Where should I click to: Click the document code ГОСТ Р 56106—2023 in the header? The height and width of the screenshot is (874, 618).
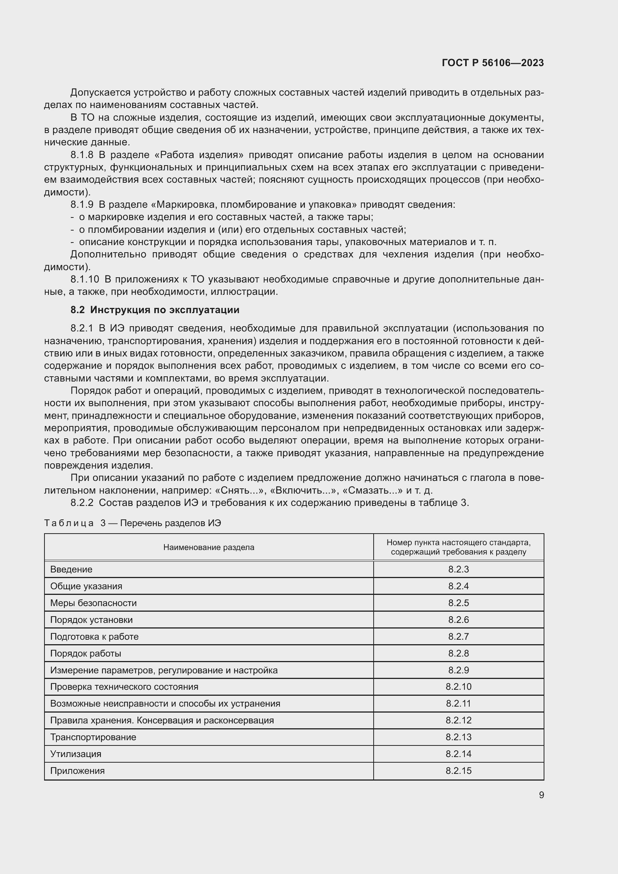492,63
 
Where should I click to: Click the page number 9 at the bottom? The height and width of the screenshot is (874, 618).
541,795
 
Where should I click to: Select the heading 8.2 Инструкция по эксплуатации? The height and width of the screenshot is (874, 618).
155,310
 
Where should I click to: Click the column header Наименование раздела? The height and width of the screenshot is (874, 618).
208,547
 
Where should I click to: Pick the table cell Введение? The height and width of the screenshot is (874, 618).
71,569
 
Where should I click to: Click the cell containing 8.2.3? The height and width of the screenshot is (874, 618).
458,569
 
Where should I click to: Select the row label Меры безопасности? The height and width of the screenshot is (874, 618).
93,603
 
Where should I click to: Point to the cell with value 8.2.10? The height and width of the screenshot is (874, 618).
458,687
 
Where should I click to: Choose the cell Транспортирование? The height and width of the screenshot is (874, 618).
93,737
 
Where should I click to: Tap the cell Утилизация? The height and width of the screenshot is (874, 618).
76,754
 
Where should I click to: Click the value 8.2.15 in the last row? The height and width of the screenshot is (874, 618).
458,770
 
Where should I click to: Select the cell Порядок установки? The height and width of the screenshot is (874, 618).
91,620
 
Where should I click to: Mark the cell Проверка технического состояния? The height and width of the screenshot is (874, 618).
124,687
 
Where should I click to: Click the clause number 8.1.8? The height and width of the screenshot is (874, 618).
82,155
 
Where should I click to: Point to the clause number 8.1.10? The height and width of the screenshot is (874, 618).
84,280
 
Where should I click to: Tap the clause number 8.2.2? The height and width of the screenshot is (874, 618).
82,503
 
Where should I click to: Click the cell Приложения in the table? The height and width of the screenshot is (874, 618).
77,770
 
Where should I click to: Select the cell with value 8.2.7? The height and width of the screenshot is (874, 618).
458,636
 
